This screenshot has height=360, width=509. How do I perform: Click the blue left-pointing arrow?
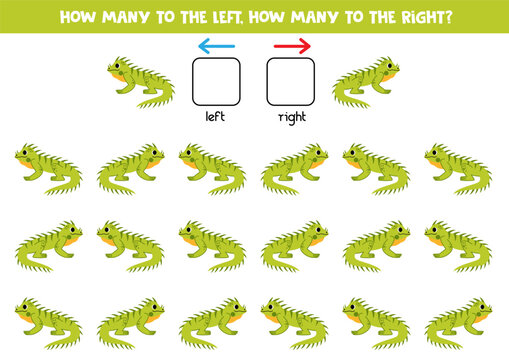[216, 45]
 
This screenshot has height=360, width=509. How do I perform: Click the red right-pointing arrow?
[292, 45]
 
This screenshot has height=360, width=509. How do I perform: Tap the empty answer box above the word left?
[216, 82]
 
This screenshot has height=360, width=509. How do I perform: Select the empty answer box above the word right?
[291, 82]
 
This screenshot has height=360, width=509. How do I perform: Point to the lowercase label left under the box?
[216, 117]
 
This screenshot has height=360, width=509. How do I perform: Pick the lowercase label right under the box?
[291, 117]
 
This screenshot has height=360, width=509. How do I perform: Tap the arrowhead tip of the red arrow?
[310, 45]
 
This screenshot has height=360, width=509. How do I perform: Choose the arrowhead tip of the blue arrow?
[199, 45]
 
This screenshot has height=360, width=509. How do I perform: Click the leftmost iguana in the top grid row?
[48, 168]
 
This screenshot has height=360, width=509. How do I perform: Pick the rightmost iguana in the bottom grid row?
[458, 322]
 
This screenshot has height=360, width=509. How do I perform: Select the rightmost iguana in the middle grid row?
[458, 245]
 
